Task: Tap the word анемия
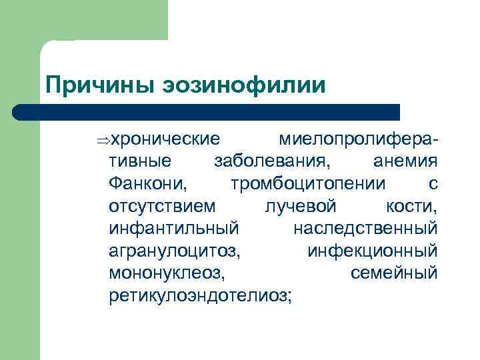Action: pos(405,161)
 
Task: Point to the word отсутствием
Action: pos(162,206)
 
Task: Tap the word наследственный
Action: pos(365,229)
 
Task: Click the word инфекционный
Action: pos(373,251)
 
